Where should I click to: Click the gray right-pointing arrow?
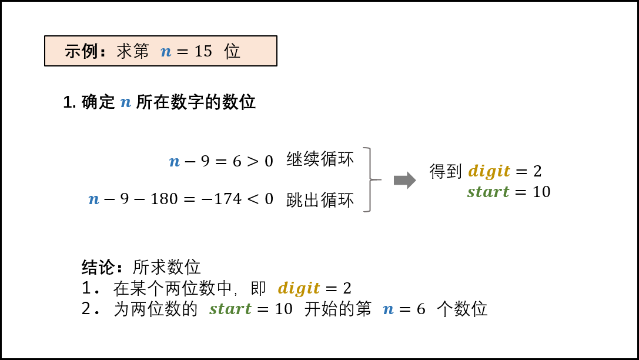(x=404, y=180)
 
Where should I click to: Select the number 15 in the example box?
(x=203, y=51)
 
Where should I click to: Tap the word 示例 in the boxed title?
(x=81, y=51)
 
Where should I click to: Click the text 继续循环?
(x=320, y=159)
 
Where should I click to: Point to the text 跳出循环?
(x=320, y=200)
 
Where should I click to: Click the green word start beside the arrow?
(x=489, y=192)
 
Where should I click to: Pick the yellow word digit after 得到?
(x=489, y=171)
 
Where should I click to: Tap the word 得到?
(x=446, y=171)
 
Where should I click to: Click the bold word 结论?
(x=98, y=268)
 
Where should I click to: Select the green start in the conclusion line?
(x=230, y=309)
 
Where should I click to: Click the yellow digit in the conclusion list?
(x=299, y=288)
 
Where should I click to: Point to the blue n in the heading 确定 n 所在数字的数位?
(x=126, y=102)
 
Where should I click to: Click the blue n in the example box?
(x=166, y=52)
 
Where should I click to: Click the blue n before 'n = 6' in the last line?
(x=389, y=309)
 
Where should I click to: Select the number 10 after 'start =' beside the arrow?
(x=541, y=192)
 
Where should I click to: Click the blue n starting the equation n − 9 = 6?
(x=175, y=162)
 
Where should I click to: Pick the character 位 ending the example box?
(x=232, y=51)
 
